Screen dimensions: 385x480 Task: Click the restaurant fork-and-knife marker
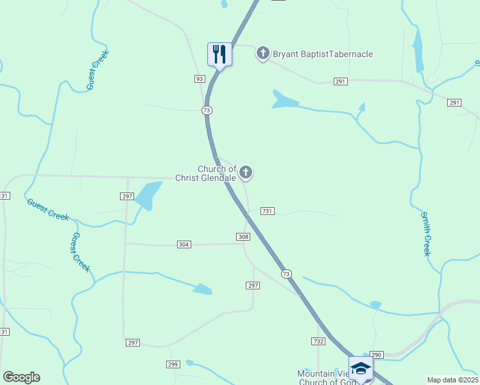pos(219,54)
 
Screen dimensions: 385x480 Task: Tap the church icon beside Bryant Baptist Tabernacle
pos(262,53)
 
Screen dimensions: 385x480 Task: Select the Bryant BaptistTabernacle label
pos(323,54)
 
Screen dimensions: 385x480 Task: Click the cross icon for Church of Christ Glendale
pos(246,172)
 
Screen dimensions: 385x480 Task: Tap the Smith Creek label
pos(425,234)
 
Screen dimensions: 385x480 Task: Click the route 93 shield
pos(200,78)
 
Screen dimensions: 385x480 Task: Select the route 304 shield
pos(184,244)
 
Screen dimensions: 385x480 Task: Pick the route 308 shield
pos(243,237)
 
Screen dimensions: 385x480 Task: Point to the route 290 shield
pos(376,354)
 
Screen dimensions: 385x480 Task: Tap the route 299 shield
pos(173,364)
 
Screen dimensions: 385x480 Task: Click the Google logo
pos(21,377)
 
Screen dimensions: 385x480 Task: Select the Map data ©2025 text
pos(452,380)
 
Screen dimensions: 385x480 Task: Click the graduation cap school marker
pos(361,368)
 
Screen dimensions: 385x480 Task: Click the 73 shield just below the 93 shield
pos(206,110)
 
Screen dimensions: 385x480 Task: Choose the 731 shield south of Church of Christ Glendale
pos(268,211)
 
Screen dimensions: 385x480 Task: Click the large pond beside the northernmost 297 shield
pos(148,195)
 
